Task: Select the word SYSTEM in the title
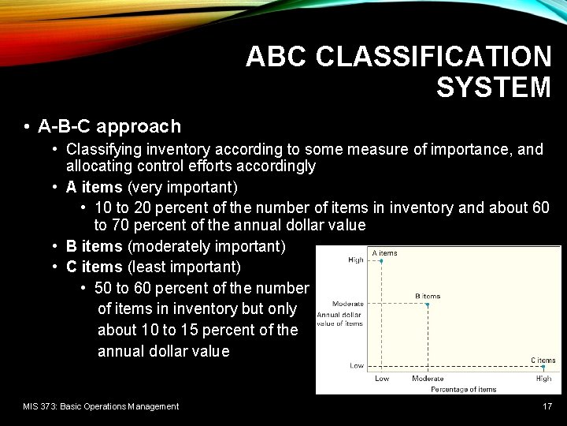(493, 88)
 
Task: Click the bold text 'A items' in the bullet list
(94, 187)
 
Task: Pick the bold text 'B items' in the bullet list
(94, 246)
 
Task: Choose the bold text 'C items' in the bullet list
(94, 267)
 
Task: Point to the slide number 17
(547, 406)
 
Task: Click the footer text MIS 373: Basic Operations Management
(101, 406)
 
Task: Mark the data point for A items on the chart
(381, 260)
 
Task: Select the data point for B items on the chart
(428, 304)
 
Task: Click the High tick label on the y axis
(356, 260)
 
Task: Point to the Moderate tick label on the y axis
(347, 304)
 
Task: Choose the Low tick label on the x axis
(381, 379)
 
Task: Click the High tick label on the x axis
(543, 379)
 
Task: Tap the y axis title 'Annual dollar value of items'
(339, 319)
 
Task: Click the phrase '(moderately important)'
(206, 246)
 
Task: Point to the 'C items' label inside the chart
(543, 360)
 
